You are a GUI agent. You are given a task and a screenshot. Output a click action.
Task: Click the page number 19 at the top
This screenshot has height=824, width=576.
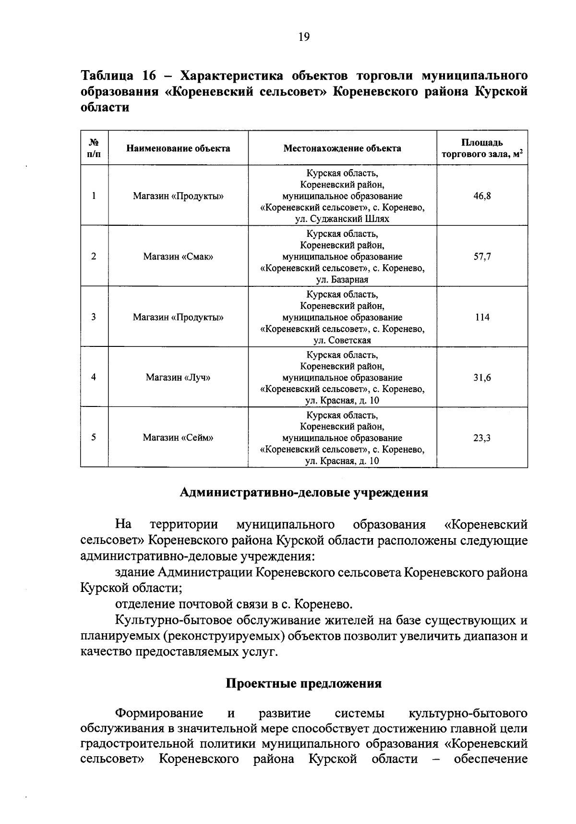pyautogui.click(x=304, y=37)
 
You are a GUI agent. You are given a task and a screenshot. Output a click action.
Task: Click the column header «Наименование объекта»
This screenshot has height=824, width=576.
pyautogui.click(x=178, y=148)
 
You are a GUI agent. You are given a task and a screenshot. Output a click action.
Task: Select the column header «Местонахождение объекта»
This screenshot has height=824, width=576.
pyautogui.click(x=342, y=148)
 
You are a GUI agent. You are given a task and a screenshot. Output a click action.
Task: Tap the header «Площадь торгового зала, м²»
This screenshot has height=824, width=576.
pyautogui.click(x=482, y=148)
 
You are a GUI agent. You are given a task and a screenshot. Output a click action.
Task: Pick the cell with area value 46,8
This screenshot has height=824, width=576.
pyautogui.click(x=482, y=196)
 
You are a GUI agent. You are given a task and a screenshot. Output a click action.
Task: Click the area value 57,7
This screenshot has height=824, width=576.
pyautogui.click(x=482, y=257)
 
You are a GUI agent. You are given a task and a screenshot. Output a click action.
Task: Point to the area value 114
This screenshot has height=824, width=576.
pyautogui.click(x=482, y=317)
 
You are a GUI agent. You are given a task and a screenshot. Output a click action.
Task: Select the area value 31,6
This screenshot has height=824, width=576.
pyautogui.click(x=482, y=378)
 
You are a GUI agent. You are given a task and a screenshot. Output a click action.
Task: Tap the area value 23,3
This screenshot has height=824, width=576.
pyautogui.click(x=482, y=438)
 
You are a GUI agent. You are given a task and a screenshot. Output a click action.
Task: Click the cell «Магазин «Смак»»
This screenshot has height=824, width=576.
pyautogui.click(x=178, y=257)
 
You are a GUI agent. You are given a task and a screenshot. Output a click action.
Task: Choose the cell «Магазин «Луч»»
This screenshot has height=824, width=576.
pyautogui.click(x=178, y=378)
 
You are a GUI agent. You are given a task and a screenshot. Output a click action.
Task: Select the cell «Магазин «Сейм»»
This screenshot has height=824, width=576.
pyautogui.click(x=178, y=438)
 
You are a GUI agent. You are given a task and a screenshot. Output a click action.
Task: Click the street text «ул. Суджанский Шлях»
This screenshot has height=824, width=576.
pyautogui.click(x=342, y=219)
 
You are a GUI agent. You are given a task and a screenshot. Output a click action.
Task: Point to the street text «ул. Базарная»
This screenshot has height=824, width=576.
pyautogui.click(x=342, y=280)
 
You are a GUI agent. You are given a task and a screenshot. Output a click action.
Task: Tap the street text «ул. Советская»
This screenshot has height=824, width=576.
pyautogui.click(x=342, y=340)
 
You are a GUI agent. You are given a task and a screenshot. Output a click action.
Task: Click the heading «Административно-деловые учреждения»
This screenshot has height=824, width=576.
pyautogui.click(x=304, y=493)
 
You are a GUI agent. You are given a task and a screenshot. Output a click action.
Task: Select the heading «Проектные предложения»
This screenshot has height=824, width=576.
pyautogui.click(x=304, y=683)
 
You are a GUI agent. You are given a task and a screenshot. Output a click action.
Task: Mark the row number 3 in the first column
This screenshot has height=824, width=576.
pyautogui.click(x=94, y=317)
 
